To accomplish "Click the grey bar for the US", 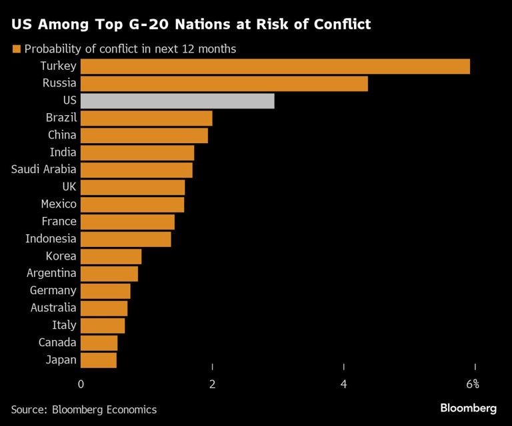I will (177, 101).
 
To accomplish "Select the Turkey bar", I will (275, 66).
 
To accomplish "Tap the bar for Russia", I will (224, 83).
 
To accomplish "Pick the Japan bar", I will (99, 360).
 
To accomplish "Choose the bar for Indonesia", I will (126, 239).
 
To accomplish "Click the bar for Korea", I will (111, 256).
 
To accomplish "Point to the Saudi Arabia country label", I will (44, 170).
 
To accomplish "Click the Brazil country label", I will (61, 118).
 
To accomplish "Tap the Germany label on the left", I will (53, 291).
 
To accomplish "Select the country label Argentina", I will (51, 274).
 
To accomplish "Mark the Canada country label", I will (57, 343).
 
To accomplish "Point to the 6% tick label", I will (473, 384).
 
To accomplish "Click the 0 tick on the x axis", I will (81, 384).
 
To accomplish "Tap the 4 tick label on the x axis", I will (344, 384).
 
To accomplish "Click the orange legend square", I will (16, 49).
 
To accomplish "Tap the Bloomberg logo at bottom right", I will (468, 408).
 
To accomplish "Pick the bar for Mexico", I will (133, 204).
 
